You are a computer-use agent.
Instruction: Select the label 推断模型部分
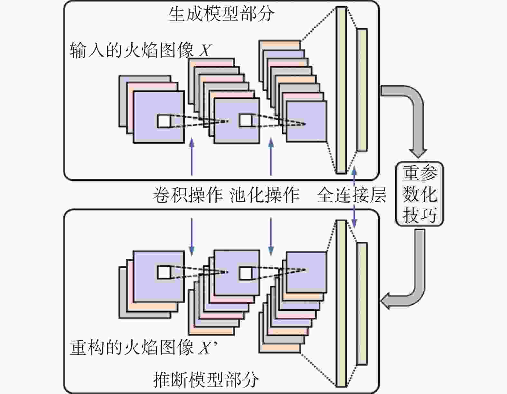(x=206, y=380)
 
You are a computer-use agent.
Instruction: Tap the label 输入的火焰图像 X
(x=140, y=50)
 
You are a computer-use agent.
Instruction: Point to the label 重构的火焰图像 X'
(x=143, y=347)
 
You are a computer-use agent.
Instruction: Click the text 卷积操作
(x=188, y=195)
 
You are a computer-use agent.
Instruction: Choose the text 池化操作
(x=265, y=195)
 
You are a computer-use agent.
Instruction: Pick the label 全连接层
(x=352, y=195)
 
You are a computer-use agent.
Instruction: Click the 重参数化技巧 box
(x=419, y=194)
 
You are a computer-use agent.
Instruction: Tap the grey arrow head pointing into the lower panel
(x=385, y=301)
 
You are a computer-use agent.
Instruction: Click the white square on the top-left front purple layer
(x=164, y=121)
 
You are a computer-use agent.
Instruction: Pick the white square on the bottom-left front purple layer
(x=164, y=272)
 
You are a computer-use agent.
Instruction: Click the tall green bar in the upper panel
(x=341, y=90)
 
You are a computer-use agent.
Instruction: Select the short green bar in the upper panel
(x=362, y=90)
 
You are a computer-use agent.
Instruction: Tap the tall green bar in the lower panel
(x=341, y=304)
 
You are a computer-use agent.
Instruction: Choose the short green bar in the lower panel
(x=362, y=304)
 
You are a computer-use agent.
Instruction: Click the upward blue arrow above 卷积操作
(x=192, y=156)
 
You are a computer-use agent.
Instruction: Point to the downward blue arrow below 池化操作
(x=271, y=237)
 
